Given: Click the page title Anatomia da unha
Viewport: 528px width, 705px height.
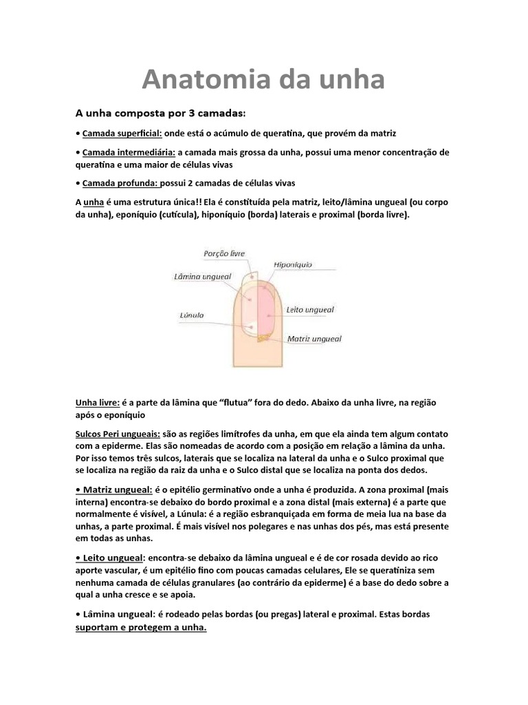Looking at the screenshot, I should (x=263, y=81).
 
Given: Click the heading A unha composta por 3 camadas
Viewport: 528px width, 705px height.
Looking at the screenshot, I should (x=159, y=112).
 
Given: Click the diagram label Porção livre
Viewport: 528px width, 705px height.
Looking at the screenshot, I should (x=224, y=253).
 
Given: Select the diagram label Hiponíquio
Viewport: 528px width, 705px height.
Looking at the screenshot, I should (x=294, y=264).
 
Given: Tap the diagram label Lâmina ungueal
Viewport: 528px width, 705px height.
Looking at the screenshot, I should (x=196, y=275).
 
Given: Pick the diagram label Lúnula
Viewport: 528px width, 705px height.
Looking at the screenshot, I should (x=192, y=315).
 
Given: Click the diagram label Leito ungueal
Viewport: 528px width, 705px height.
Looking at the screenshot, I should (x=310, y=310).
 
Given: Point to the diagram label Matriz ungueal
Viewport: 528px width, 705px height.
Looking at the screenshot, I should (x=314, y=339).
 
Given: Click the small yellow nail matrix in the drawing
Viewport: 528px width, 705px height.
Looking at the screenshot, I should (x=262, y=337).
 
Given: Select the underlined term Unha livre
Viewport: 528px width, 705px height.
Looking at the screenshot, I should (x=97, y=403).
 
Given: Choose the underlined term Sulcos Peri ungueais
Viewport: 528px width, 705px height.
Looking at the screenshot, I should (x=118, y=434).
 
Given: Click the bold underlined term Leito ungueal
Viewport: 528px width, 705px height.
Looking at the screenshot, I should (x=110, y=557).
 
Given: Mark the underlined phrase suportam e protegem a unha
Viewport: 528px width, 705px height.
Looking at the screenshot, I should (x=141, y=628).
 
